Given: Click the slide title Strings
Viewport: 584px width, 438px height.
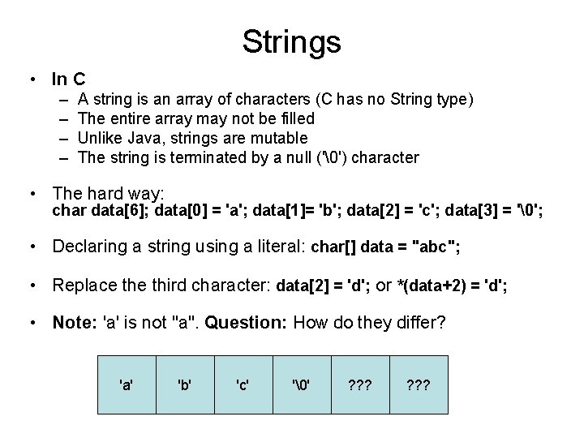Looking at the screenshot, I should click(291, 41).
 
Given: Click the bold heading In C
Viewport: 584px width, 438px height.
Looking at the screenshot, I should click(68, 79).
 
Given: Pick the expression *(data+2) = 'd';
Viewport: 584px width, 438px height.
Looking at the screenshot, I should click(449, 285).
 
